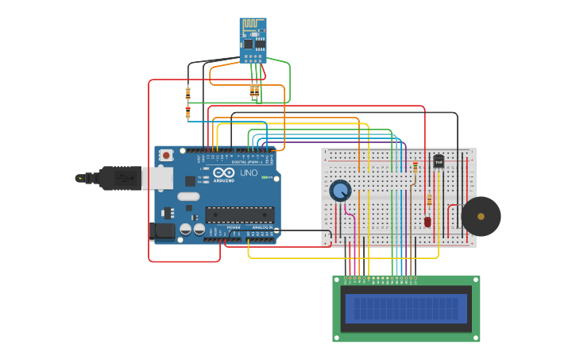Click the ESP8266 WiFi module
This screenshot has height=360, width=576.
(253, 41)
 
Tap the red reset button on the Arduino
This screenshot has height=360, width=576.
(166, 155)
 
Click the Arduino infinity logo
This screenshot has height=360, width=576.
(223, 172)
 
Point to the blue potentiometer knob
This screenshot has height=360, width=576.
(340, 191)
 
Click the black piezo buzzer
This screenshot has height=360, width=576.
(481, 216)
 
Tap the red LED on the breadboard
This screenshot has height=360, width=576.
(428, 222)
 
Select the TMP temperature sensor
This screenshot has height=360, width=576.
(439, 161)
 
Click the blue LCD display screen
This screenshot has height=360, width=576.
(406, 308)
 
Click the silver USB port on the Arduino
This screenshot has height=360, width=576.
(157, 178)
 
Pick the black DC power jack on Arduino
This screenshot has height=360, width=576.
(162, 231)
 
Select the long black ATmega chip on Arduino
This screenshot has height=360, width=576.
(240, 215)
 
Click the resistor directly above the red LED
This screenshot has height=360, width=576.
(430, 199)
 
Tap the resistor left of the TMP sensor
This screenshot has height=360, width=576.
(416, 167)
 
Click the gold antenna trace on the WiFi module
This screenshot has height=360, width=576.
(253, 27)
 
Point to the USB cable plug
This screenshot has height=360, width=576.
(119, 178)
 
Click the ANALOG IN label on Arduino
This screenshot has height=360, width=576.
(261, 227)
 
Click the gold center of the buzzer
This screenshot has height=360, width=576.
(481, 216)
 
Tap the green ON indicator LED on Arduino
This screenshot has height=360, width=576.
(265, 177)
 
